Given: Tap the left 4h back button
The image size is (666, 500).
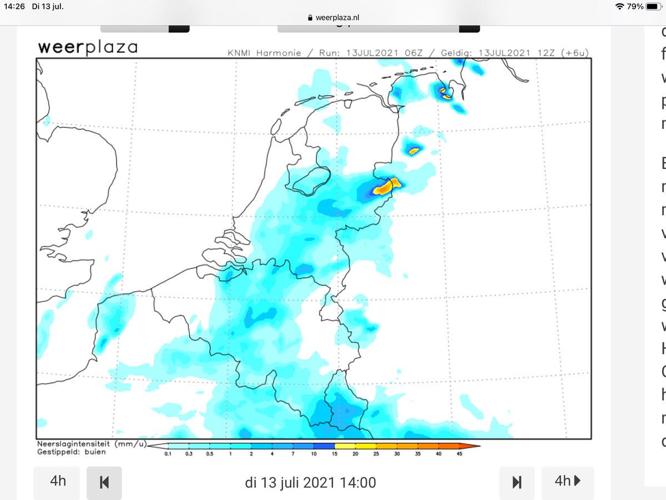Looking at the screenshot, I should tap(57, 481).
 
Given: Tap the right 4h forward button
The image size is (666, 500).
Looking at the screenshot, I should tap(567, 481).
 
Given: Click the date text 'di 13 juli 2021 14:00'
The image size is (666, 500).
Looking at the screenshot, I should tap(310, 482).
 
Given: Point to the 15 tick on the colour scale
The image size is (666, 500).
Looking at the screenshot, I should tap(335, 453).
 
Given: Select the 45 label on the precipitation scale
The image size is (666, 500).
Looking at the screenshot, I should tap(459, 454).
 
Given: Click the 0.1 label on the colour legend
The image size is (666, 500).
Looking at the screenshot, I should tap(169, 454).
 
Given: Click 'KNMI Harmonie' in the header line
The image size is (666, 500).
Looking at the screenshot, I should tap(264, 53).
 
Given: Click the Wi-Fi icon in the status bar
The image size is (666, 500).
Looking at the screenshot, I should tap(619, 6).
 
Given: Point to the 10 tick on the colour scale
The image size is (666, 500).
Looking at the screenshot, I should tap(314, 453).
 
